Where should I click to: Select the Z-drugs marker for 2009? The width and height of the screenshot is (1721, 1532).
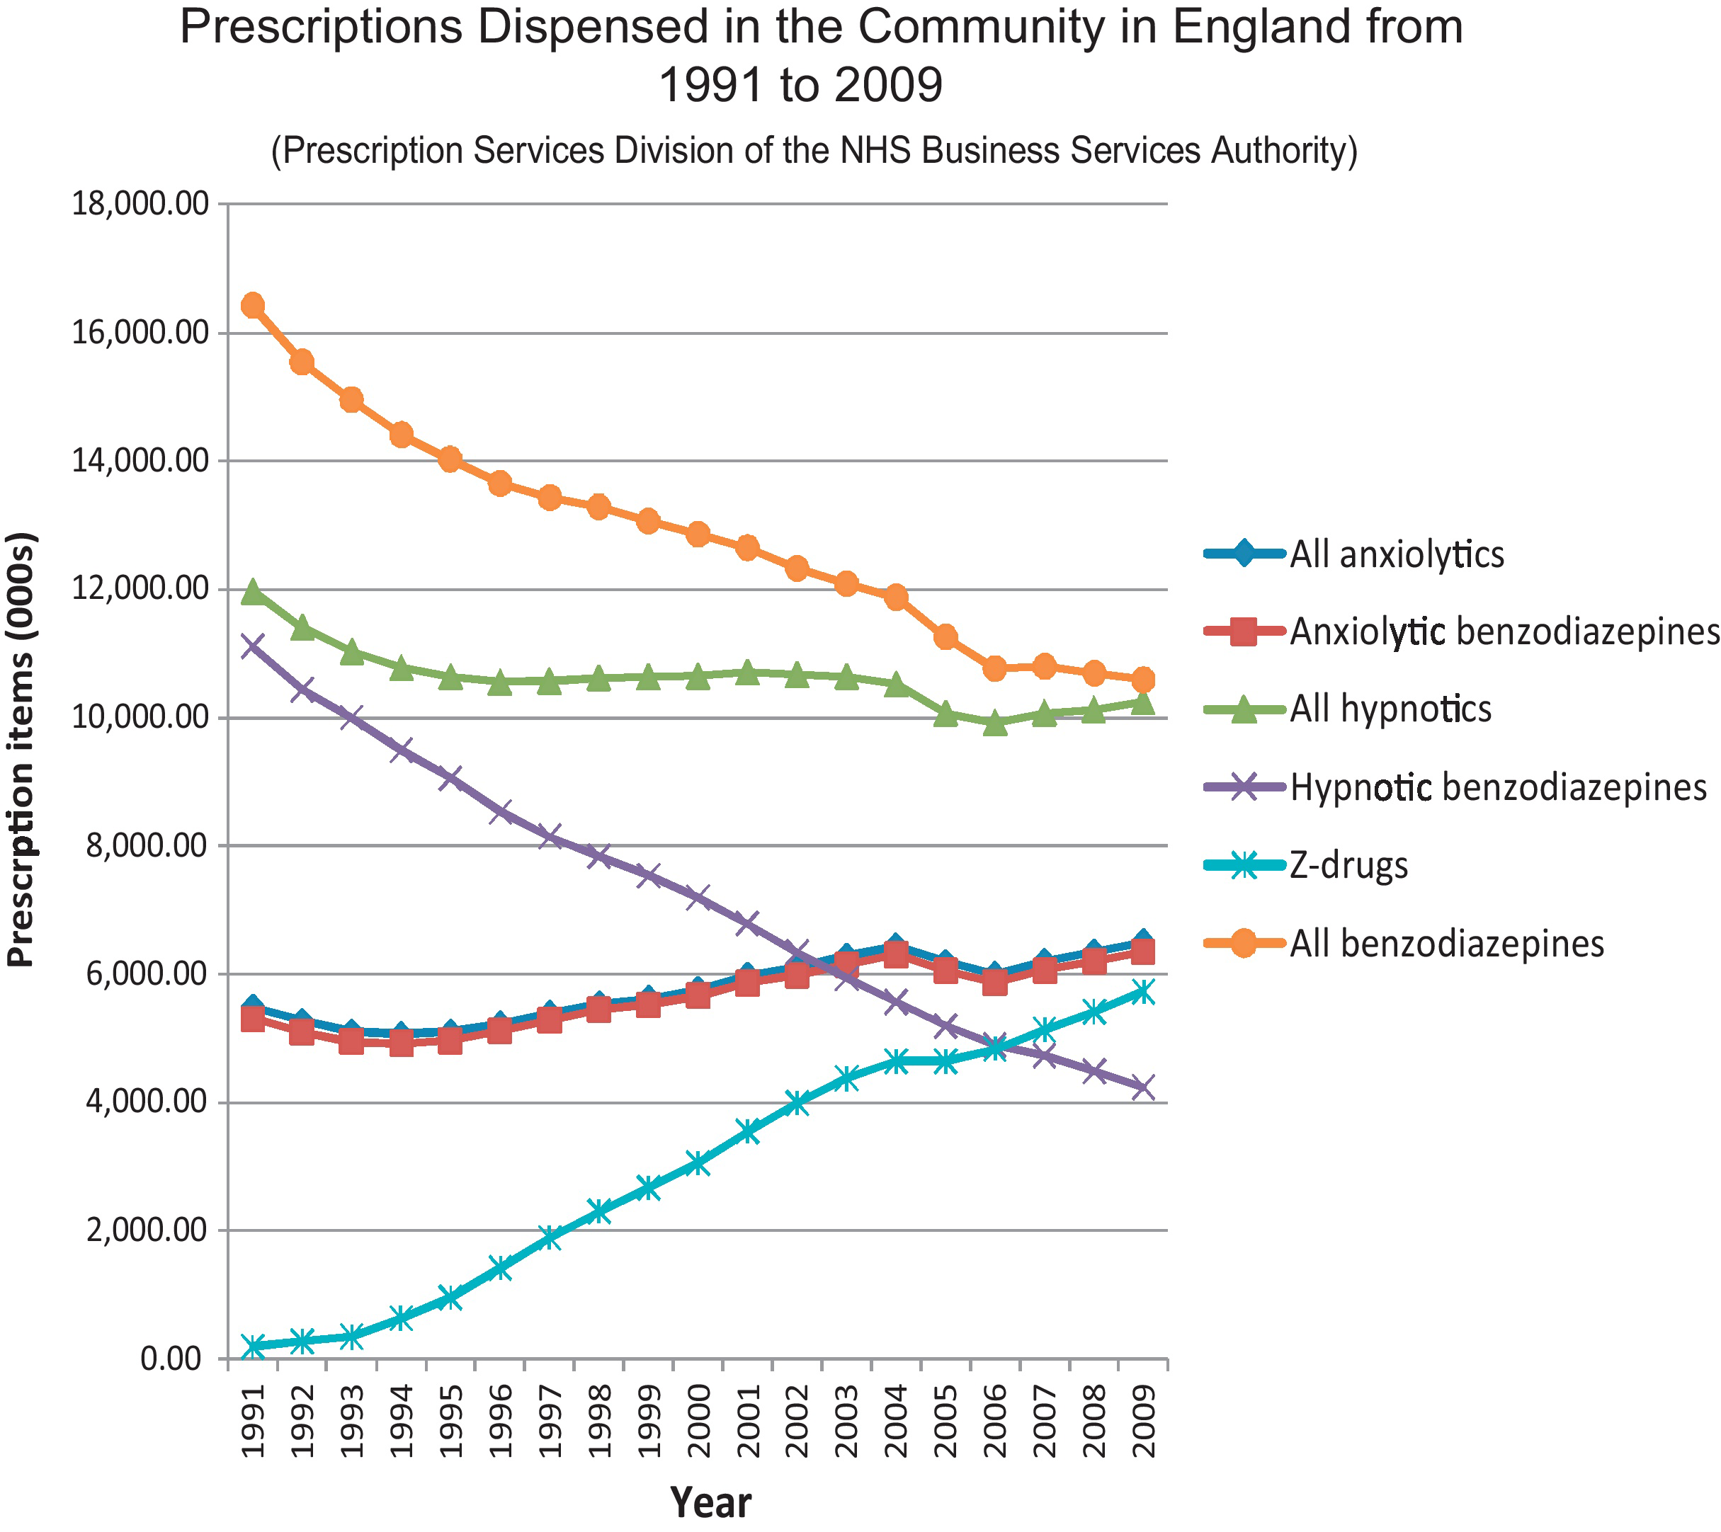pos(1142,992)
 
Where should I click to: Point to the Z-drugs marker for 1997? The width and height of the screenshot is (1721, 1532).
pos(550,1237)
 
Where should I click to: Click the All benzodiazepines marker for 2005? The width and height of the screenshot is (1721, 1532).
pos(945,637)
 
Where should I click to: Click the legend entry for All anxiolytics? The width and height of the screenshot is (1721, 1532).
pos(1396,555)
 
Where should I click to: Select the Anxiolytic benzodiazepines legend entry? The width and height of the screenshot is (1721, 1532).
pos(1503,631)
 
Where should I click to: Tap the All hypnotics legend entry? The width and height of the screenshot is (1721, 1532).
pos(1390,709)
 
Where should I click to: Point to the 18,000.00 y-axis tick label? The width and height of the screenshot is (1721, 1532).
pos(141,204)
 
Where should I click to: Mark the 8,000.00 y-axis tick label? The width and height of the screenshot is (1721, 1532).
pos(147,846)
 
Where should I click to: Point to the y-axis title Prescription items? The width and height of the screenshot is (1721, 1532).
pos(21,749)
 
